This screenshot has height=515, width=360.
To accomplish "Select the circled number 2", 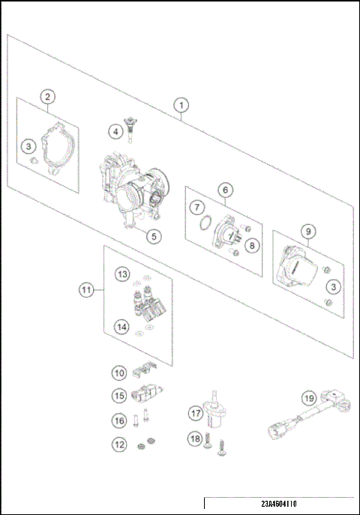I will coord(47,97).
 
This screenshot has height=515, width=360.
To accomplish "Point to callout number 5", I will coord(153,236).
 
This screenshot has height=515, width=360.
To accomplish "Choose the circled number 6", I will coord(224,190).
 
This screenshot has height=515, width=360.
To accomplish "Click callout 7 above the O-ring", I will coord(196,206).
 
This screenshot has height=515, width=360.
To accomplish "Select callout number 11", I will coord(88,288).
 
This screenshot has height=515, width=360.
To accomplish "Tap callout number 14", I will coord(121,325).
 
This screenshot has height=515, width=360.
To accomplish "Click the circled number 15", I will coord(119,394).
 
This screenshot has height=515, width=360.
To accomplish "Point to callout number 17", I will coord(195,412).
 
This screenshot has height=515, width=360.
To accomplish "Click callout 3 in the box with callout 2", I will coord(28,145).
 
